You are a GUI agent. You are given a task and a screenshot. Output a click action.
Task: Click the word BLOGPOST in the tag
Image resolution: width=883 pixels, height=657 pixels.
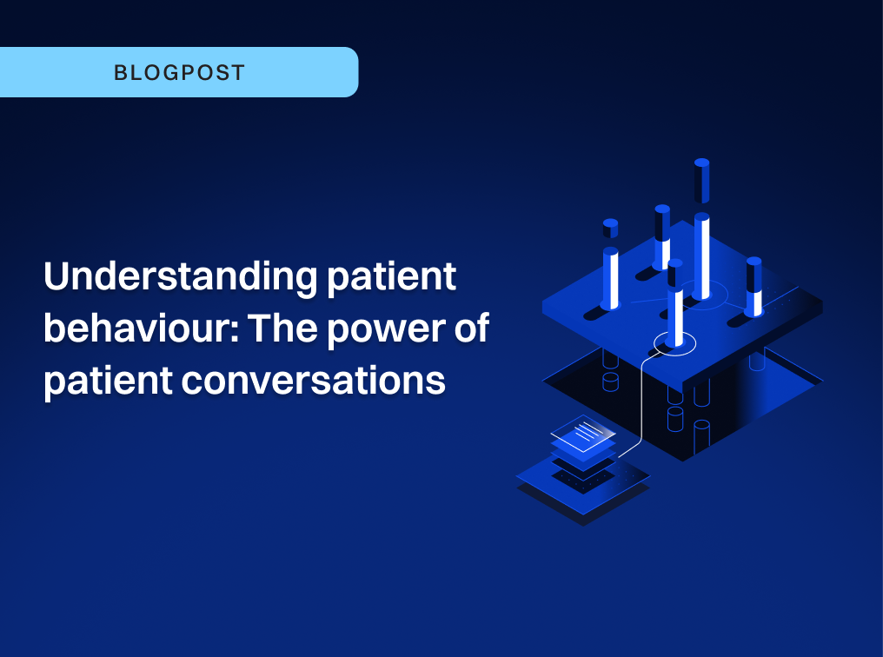click(179, 72)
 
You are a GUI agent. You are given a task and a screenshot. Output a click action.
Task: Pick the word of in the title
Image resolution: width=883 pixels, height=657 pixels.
click(470, 330)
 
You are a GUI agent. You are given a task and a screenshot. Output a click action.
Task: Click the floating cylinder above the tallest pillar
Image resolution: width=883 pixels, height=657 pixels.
click(701, 181)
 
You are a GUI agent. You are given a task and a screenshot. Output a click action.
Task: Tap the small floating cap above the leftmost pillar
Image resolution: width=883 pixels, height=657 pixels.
click(610, 229)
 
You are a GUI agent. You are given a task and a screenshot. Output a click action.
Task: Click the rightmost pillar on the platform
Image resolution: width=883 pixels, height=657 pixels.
click(754, 287)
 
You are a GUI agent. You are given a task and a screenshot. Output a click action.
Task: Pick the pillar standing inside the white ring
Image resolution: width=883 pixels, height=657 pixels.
click(675, 304)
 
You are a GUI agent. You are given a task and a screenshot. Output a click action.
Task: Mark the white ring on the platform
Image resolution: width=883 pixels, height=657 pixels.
click(675, 344)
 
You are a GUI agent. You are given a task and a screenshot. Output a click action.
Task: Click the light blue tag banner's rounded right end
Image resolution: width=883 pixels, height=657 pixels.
click(348, 72)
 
